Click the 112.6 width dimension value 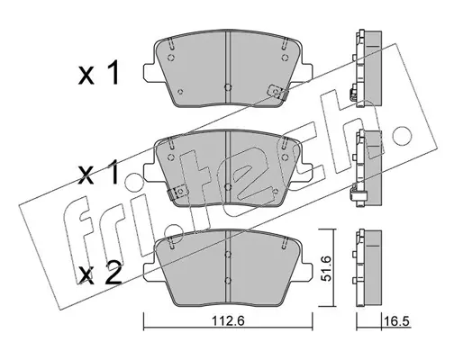229,321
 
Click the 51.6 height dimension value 325,268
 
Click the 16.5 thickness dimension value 397,321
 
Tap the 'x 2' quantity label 100,273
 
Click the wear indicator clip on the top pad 277,92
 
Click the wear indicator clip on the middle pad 178,193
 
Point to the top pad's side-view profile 367,68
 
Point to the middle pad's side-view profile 367,168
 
